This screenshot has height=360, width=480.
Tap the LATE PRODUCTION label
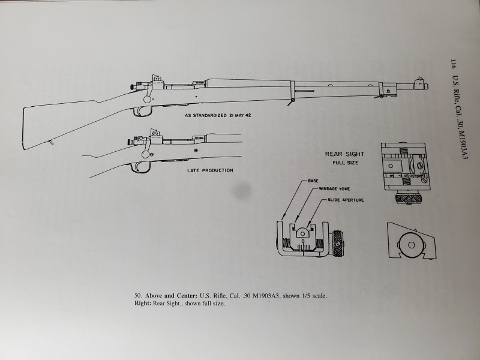(209, 170)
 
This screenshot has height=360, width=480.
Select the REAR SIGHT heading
(344, 154)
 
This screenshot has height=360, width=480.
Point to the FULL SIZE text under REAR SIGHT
(344, 163)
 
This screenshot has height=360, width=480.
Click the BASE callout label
(313, 181)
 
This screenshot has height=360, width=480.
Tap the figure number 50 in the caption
(137, 296)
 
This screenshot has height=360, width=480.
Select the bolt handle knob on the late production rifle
(145, 154)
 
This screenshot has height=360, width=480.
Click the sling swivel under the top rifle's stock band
(289, 103)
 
